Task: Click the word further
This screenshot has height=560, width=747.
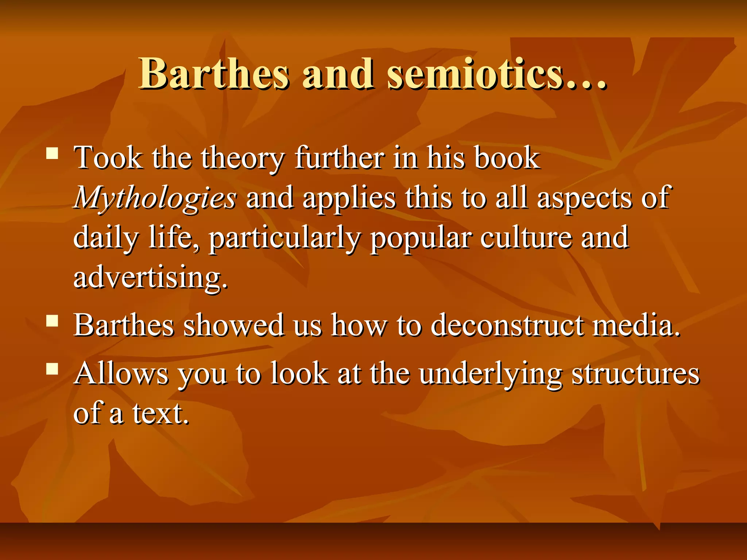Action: [340, 158]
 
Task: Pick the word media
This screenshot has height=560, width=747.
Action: [636, 325]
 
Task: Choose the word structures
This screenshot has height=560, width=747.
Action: [635, 374]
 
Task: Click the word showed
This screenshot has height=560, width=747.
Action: [233, 325]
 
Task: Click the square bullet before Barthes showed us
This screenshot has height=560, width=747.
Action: [53, 321]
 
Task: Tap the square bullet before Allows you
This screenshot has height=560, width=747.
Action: [53, 369]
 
